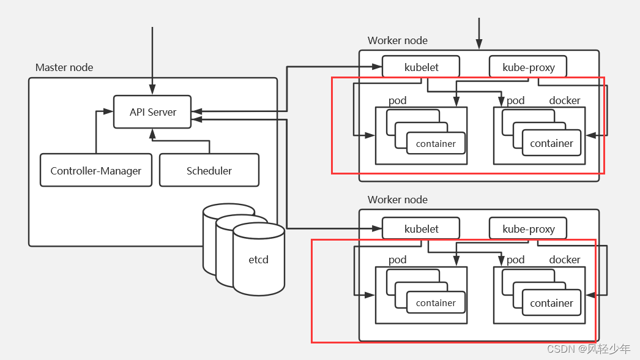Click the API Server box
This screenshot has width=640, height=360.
point(152,112)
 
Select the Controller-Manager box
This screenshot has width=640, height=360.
point(96,170)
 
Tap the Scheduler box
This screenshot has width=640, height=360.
point(209,170)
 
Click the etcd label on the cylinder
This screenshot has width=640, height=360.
point(258,260)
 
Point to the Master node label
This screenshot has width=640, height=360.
point(64,67)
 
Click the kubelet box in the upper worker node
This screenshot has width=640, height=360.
point(422,67)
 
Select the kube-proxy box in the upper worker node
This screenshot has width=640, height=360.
point(528,67)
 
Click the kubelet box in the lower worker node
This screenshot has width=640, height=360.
point(422,228)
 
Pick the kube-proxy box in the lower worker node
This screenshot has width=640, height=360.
point(528,228)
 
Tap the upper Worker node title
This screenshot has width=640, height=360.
point(398,40)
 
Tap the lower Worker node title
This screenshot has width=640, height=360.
point(398,200)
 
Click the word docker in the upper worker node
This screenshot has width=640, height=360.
point(565,100)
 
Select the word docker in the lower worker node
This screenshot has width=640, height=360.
point(565,260)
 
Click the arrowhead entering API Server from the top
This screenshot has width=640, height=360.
point(152,91)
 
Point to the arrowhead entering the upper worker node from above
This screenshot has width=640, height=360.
point(479,45)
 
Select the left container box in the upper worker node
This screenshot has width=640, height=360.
point(436,144)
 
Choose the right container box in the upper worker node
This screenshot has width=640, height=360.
point(551,143)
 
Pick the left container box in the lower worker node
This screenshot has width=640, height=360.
point(436,303)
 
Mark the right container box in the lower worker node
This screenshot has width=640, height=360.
point(551,303)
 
